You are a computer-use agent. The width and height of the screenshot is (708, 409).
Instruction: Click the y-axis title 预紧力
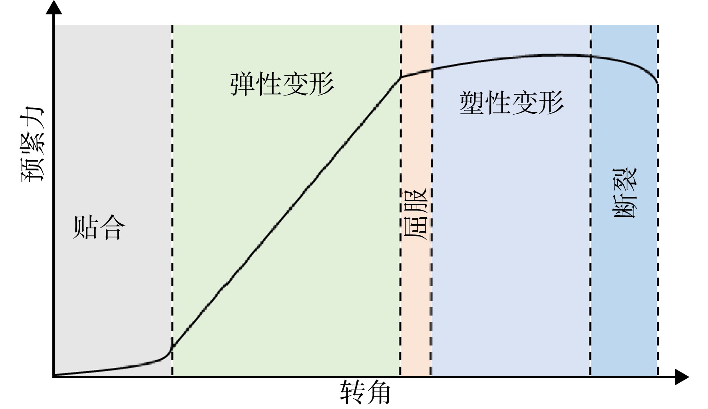pos(32,144)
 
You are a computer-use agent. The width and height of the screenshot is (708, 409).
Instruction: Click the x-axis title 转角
pos(365,393)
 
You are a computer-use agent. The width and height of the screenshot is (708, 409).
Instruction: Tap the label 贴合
pos(99,227)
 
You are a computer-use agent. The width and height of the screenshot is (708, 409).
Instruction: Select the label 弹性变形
pos(282,84)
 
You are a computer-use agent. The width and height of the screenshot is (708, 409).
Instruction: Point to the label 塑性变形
pos(511,103)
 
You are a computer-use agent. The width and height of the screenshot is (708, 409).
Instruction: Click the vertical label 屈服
pos(416,213)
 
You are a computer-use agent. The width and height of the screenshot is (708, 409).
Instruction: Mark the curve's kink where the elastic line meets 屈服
pos(401,77)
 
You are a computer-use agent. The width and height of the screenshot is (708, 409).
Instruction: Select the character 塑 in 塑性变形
pos(472,103)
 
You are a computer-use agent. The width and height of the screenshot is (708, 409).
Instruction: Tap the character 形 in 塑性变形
pos(551,103)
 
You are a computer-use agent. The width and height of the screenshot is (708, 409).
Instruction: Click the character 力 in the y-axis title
pos(32,119)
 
